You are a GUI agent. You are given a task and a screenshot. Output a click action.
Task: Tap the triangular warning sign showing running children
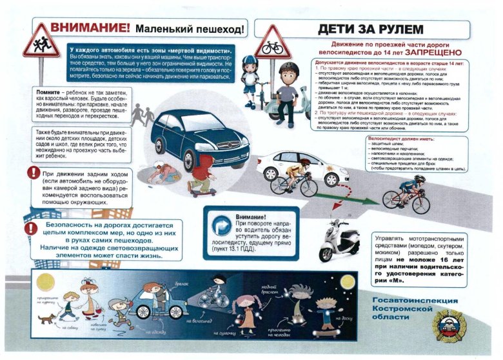41,42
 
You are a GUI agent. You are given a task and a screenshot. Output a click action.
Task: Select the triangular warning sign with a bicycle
271,43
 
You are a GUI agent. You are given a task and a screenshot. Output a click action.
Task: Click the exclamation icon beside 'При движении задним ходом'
33,172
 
